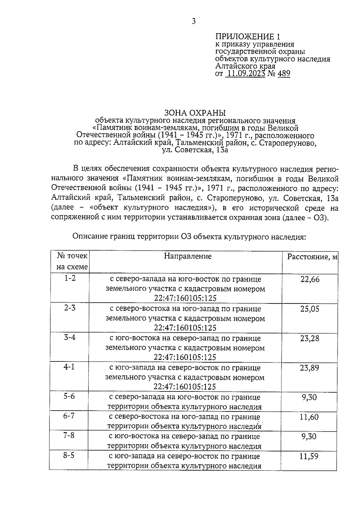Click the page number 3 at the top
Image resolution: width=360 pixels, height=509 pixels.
click(x=193, y=21)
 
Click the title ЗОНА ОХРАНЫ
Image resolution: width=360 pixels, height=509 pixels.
click(x=195, y=113)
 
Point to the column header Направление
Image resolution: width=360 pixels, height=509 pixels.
click(x=188, y=256)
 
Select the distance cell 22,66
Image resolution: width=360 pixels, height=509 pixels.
click(x=310, y=280)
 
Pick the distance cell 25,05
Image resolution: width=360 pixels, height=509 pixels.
click(x=310, y=309)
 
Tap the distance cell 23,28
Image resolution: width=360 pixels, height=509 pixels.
click(x=310, y=339)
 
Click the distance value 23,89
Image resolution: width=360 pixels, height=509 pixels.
click(x=310, y=368)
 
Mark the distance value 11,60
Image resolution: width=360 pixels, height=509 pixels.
click(x=309, y=417)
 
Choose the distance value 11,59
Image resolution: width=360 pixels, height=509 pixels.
click(x=309, y=457)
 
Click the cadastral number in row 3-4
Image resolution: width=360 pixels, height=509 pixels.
click(x=185, y=357)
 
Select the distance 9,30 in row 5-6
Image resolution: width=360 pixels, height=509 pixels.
click(x=309, y=397)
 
